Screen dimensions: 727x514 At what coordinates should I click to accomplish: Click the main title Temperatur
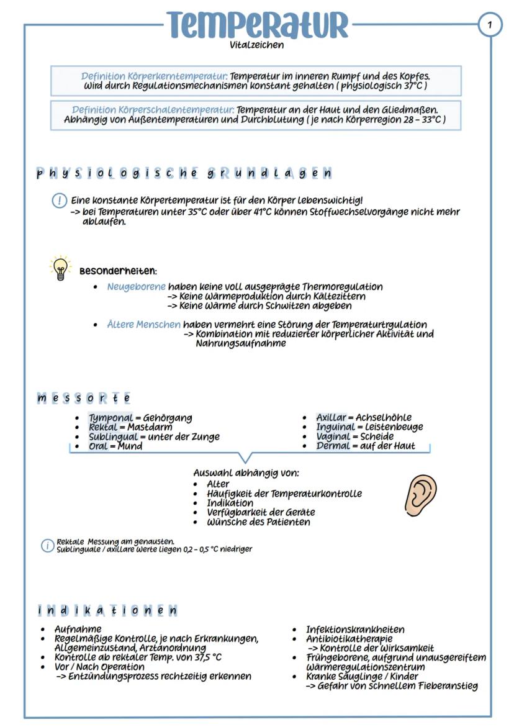click(257, 24)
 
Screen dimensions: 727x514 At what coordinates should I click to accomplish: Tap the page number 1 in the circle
click(490, 25)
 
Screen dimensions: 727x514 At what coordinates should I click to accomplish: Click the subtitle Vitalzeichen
click(256, 45)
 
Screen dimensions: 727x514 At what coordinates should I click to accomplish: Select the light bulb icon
click(60, 268)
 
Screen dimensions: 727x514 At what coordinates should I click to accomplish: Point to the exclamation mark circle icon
click(60, 201)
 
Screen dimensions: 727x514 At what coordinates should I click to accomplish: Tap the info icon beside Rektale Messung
click(47, 546)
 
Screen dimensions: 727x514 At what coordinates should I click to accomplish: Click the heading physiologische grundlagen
click(184, 173)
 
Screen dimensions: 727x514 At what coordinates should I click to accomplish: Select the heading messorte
click(84, 397)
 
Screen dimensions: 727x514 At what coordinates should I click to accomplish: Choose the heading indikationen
click(107, 610)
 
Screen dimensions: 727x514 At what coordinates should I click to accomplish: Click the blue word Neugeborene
click(136, 287)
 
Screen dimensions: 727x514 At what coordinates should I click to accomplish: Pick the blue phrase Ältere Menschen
click(143, 325)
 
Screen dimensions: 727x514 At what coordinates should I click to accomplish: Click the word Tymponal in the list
click(110, 418)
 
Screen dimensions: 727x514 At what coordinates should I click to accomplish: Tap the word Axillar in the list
click(331, 418)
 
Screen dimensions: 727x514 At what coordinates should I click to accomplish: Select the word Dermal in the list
click(333, 446)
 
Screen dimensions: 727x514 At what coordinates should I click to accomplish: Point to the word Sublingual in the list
click(113, 436)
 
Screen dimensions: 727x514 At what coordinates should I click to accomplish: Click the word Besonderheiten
click(118, 271)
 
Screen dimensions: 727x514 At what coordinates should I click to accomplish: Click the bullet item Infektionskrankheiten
click(354, 630)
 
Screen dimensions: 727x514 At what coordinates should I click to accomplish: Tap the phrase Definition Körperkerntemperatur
click(154, 76)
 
